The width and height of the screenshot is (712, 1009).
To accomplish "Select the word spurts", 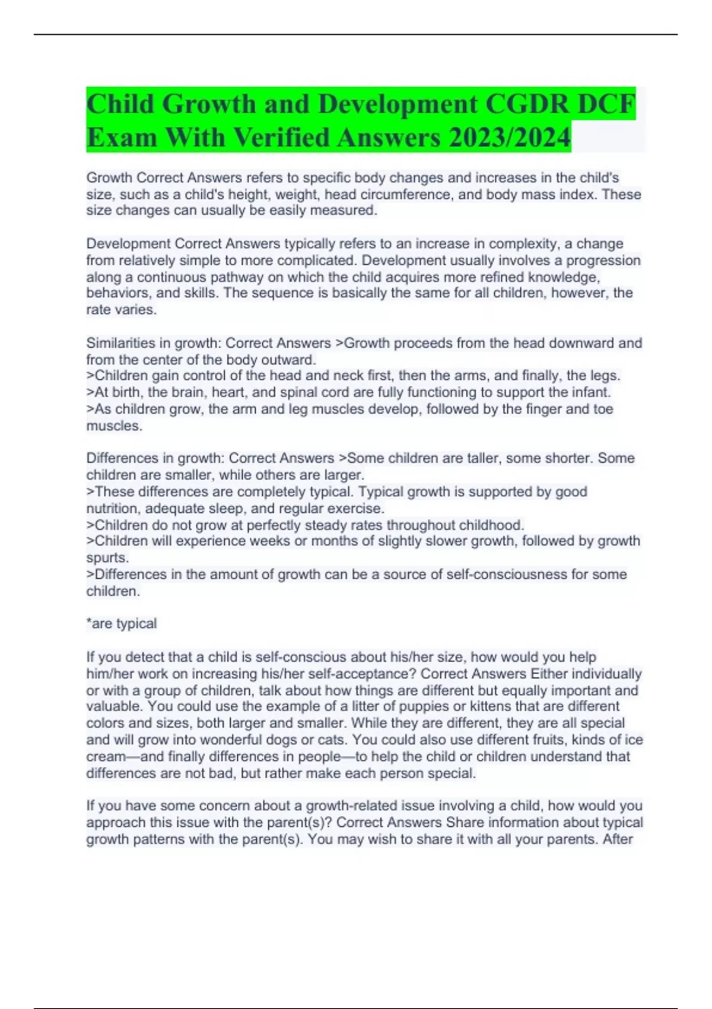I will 107,558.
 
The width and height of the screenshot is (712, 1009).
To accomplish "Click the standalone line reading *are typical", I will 122,624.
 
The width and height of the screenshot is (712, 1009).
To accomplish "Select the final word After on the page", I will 618,839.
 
